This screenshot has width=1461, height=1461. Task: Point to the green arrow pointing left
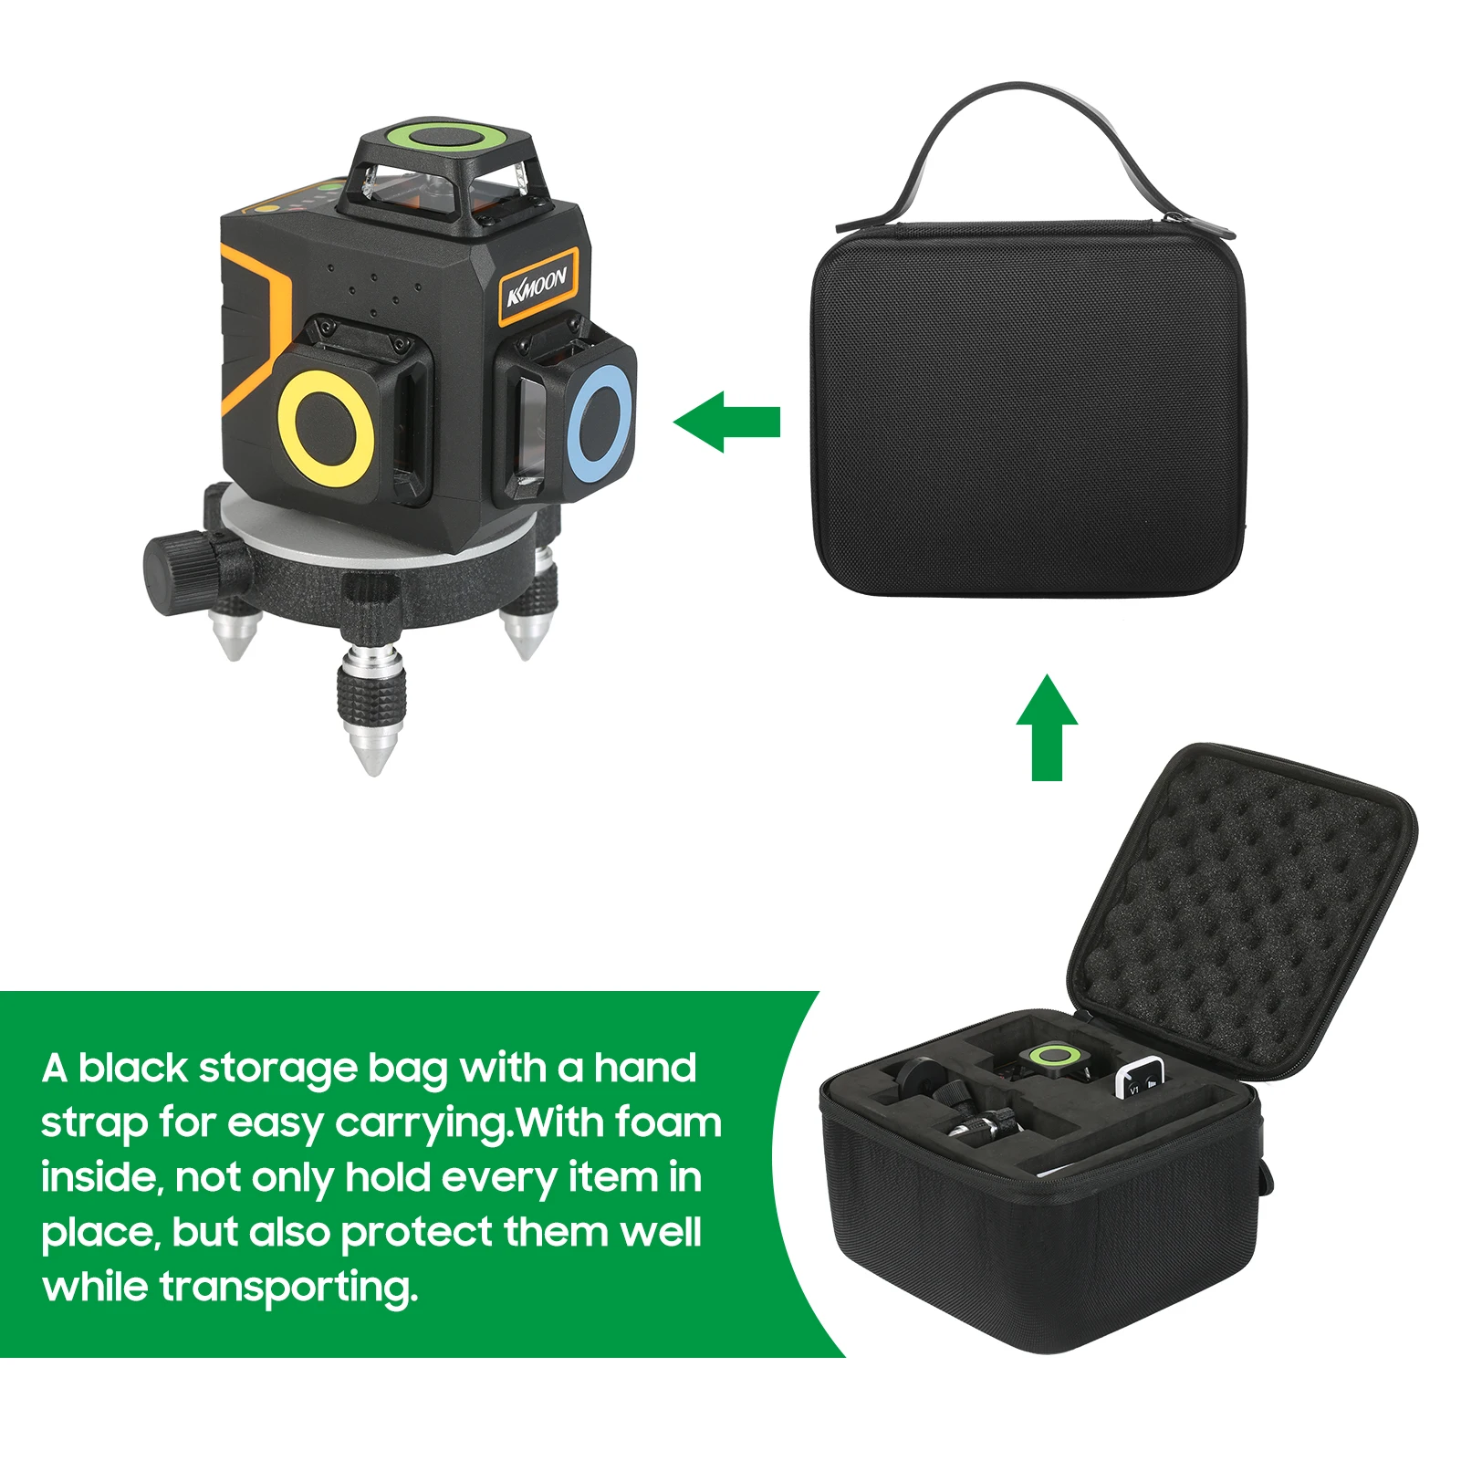[726, 422]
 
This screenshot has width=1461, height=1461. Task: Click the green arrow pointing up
[1047, 727]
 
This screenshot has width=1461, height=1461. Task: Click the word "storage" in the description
[277, 1068]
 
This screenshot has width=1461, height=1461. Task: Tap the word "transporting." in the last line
[289, 1289]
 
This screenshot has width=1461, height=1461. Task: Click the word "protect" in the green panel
[416, 1233]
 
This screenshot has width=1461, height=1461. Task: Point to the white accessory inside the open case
[1139, 1077]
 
